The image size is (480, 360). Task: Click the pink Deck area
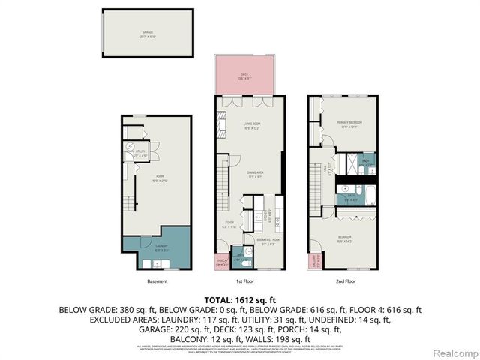tap(244, 75)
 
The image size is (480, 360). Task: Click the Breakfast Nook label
tap(270, 241)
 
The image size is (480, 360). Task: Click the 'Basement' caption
tap(157, 281)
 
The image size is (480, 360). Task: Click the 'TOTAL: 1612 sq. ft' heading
tap(240, 298)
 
